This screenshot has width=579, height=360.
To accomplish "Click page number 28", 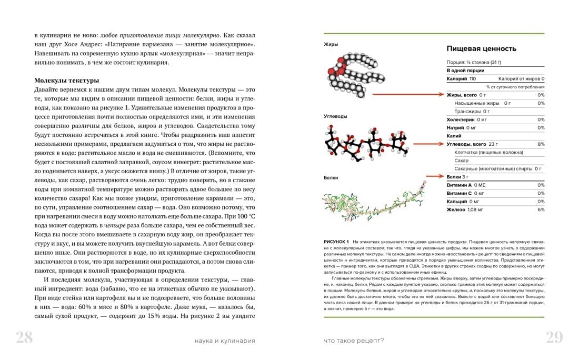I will coord(24,338).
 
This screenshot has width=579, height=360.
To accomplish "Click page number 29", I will coord(554,338).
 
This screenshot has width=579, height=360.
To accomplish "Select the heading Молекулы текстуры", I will coord(67,81).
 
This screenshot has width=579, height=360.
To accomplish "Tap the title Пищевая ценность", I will coord(481,48).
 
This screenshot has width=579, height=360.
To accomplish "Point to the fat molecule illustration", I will coord(349,75).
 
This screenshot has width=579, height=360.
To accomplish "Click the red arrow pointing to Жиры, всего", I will coord(407,95).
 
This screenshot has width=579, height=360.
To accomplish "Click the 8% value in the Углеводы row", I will coord(541,144).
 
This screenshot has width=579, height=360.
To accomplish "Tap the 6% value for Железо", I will coord(541,209).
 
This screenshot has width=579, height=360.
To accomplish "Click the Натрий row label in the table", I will coord(455,127).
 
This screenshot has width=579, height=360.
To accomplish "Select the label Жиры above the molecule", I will coord(331,44).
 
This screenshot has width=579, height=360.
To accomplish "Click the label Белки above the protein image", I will coord(331,178).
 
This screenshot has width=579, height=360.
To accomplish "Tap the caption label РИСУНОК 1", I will coord(337,241).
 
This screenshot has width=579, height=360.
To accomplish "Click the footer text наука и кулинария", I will coord(224,341).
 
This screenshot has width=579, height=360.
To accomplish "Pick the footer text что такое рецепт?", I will coord(354,341).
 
